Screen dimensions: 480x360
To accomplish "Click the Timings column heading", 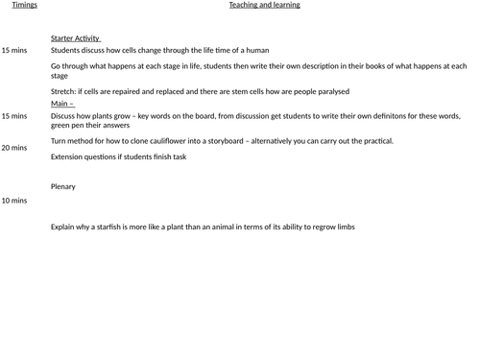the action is point(24,5).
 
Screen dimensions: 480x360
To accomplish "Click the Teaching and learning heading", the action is point(264,5).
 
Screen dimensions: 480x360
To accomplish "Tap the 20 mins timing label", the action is point(14,148).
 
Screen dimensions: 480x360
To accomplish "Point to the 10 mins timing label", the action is point(14,201).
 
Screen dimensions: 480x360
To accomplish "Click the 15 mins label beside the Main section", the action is point(14,116).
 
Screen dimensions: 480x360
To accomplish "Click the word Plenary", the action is point(63,186).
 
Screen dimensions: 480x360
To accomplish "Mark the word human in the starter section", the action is point(257,50).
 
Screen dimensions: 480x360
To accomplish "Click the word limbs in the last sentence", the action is point(345,227).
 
